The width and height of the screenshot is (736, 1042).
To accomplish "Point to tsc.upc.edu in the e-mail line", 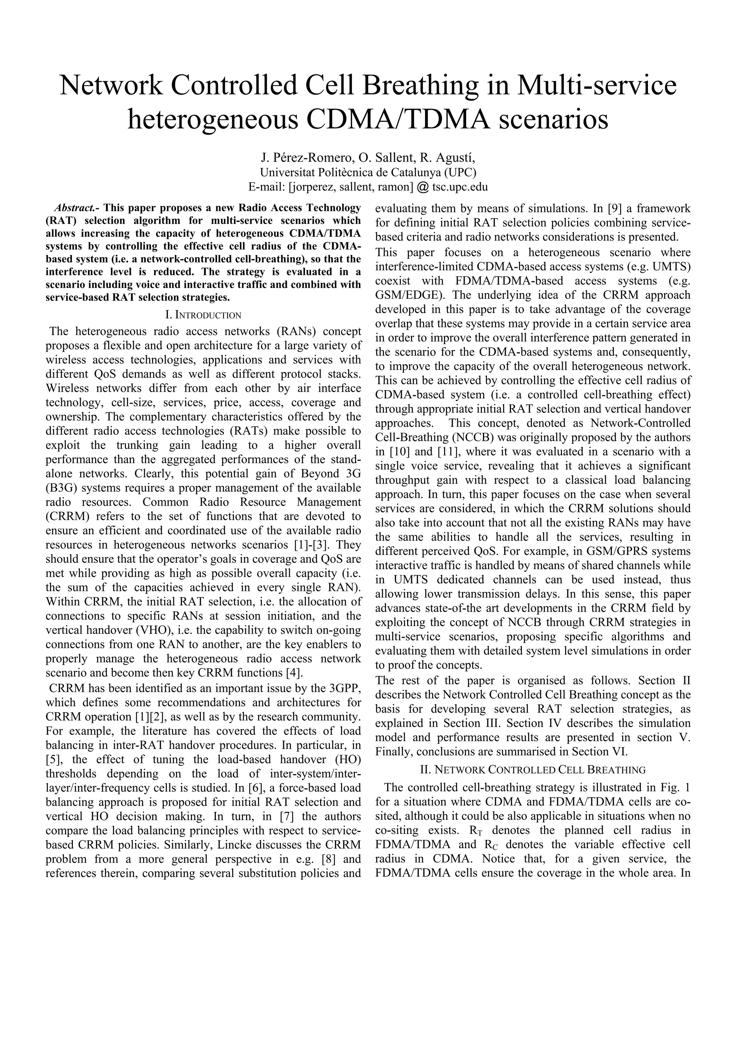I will (460, 187).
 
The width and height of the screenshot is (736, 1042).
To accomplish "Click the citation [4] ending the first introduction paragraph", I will (295, 673).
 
